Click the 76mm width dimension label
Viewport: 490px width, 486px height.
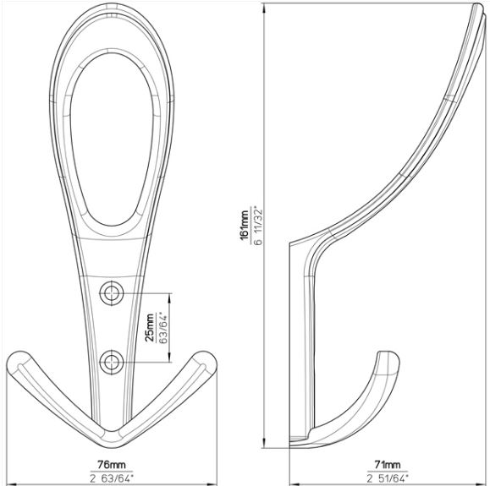[112, 465]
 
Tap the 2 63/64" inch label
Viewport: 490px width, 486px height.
[112, 478]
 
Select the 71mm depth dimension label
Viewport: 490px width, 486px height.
[388, 465]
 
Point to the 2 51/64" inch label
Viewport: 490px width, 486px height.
[388, 478]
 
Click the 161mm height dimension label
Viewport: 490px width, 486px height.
[245, 225]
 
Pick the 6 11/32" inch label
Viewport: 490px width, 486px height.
[258, 225]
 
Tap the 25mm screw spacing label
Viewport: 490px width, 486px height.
[150, 327]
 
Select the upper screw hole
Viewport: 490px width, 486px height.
[112, 293]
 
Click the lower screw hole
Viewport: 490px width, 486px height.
[112, 362]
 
